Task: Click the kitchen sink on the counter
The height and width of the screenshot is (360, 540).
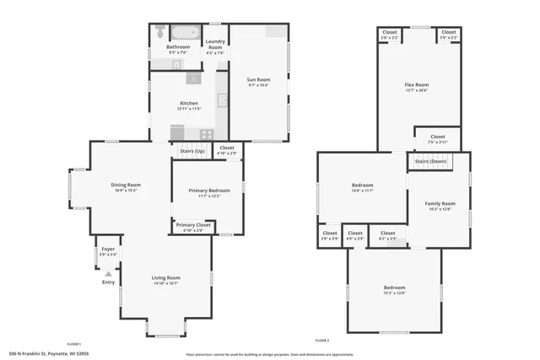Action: tap(222, 102)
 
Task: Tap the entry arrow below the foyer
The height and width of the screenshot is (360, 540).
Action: tap(108, 273)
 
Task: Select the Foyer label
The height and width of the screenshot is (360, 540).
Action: tap(108, 250)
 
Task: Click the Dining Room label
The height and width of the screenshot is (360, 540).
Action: tap(126, 185)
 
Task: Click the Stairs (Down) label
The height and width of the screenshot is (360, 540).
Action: tap(431, 160)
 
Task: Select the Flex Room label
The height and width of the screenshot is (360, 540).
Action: tap(417, 85)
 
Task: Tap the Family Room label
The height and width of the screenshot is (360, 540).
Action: tap(440, 204)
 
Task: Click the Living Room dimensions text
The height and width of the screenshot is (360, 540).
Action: tap(166, 283)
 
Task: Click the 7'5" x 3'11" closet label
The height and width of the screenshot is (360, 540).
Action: tap(437, 142)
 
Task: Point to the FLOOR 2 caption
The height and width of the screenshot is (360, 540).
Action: tap(321, 340)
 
